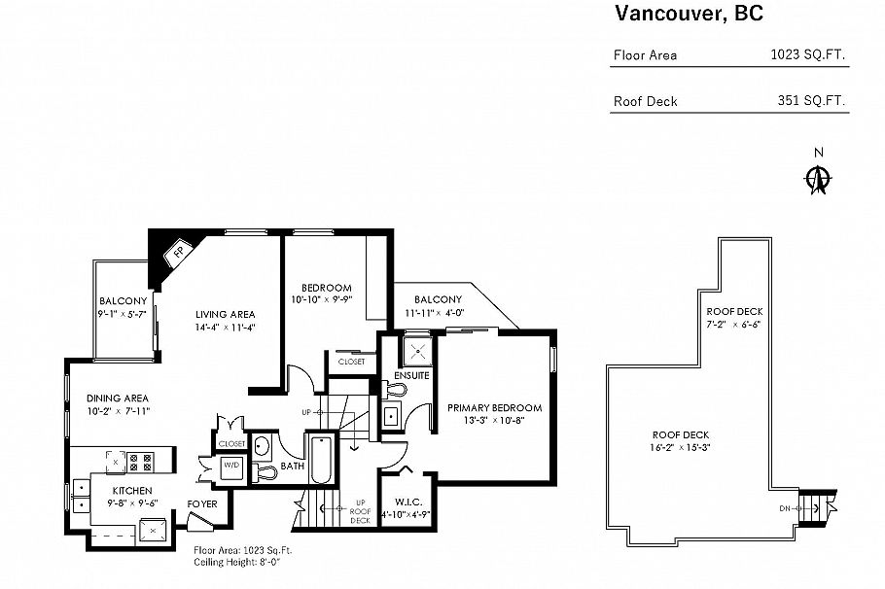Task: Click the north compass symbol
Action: (819, 178)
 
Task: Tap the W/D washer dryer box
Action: (232, 465)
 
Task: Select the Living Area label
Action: (225, 315)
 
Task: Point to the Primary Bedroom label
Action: (494, 408)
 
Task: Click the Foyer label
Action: (202, 503)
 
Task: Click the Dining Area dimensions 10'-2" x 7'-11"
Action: (117, 412)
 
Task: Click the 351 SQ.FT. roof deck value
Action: (812, 101)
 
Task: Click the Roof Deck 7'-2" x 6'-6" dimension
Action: (732, 325)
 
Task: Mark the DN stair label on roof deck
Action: (786, 508)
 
